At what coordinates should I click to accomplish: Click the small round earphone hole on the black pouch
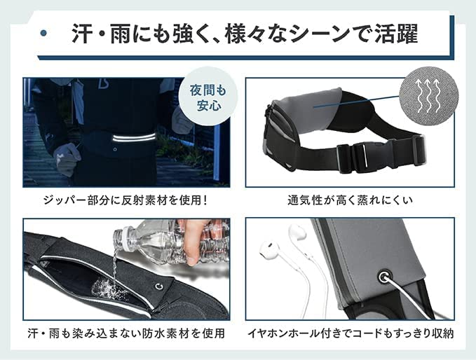point(161,285)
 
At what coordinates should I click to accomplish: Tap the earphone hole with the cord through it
point(383,277)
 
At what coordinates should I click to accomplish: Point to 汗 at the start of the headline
point(81,33)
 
